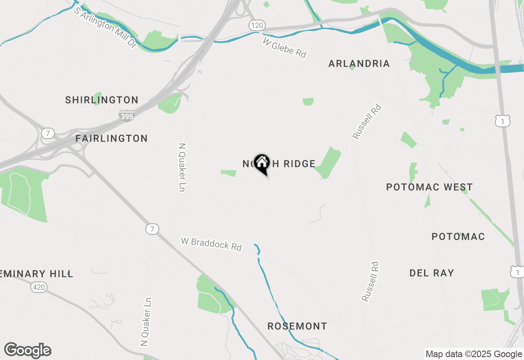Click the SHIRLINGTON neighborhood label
coord(102,100)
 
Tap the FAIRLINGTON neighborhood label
coord(111,139)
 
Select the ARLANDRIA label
coord(359,64)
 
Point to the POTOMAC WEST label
coord(429,187)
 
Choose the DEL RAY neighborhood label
coord(431,273)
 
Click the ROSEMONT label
coord(297,326)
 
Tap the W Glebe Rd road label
coord(285,48)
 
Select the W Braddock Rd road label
coord(211,244)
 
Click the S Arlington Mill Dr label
coord(105,27)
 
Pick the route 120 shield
coord(256,26)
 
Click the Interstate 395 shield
coord(127,116)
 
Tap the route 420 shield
coord(39,288)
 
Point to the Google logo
coord(28,351)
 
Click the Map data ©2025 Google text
coord(474,354)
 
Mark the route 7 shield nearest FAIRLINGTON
coord(48,133)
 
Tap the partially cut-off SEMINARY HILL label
coord(36,274)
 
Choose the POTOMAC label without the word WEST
coord(458,237)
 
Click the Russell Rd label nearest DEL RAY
coord(370,282)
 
